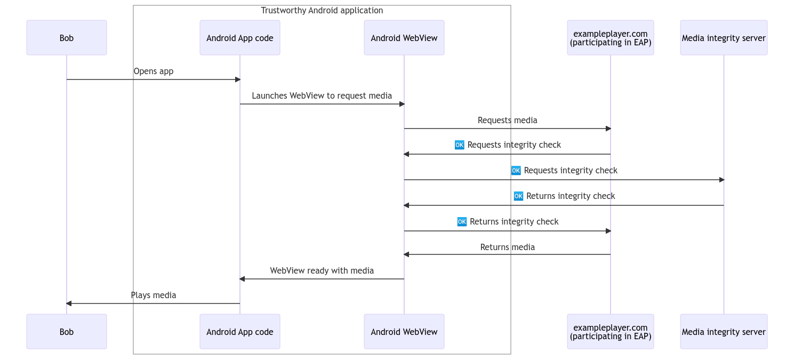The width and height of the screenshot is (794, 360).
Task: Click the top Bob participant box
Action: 67,38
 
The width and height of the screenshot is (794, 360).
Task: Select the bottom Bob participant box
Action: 67,332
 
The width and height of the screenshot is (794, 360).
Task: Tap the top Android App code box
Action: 240,38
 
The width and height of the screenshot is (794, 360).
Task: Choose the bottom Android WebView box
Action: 404,332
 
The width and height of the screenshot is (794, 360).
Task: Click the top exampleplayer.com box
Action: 611,38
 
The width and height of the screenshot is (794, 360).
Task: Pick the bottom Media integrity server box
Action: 724,332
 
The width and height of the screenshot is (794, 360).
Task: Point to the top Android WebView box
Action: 404,38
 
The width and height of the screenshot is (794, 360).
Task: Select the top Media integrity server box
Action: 724,38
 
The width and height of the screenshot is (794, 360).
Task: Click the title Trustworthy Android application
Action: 322,11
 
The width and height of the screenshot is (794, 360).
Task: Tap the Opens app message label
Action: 154,71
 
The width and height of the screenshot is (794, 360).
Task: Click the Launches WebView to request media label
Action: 322,96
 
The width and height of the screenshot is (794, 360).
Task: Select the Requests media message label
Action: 508,121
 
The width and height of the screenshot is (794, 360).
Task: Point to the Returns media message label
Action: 508,247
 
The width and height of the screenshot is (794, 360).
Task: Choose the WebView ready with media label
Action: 322,271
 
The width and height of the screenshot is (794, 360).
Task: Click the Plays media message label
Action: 154,295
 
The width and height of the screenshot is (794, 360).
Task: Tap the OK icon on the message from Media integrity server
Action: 518,196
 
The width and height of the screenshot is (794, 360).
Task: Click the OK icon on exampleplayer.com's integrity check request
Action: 460,145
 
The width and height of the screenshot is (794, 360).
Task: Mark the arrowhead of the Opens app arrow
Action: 238,79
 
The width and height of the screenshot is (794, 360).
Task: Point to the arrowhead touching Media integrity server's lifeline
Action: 721,180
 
